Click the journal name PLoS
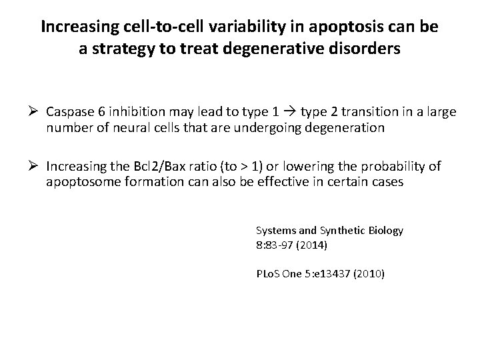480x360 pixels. click(x=267, y=273)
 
